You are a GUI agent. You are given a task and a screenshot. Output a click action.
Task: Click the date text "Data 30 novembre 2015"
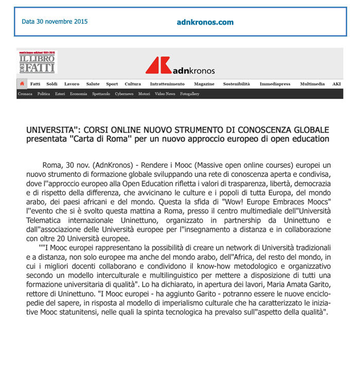(x=55, y=22)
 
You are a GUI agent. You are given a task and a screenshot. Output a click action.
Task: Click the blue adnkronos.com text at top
(x=205, y=22)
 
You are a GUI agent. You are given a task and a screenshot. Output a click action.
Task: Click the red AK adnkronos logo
(x=180, y=66)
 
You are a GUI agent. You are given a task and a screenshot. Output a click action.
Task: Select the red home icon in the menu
(x=22, y=84)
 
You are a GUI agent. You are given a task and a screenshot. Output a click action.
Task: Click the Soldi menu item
(x=52, y=84)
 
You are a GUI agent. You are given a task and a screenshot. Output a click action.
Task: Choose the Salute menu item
(x=93, y=84)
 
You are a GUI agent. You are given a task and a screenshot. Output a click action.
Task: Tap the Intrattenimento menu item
(x=167, y=84)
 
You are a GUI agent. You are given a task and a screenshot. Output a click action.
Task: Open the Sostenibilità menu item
(x=237, y=84)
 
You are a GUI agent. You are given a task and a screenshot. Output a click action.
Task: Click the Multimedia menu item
(x=312, y=84)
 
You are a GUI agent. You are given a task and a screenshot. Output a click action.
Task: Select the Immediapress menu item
(x=275, y=84)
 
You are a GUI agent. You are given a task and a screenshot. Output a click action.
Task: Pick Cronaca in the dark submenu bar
(x=25, y=94)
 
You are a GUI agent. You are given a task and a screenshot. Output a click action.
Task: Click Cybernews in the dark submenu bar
(x=124, y=94)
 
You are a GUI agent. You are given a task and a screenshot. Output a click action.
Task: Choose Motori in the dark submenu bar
(x=144, y=94)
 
